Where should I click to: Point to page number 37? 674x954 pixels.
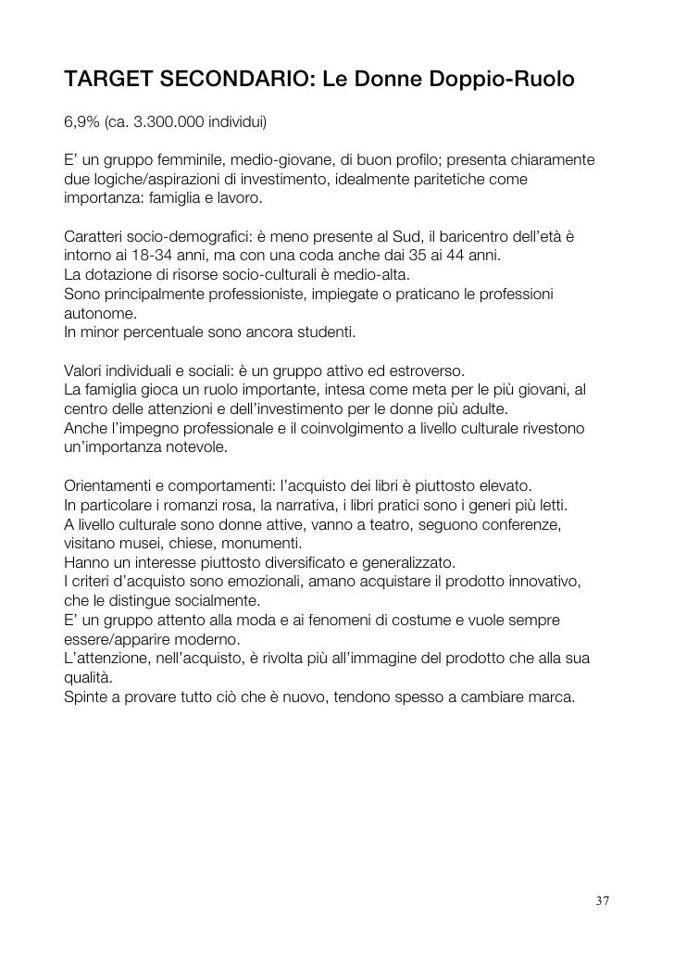[x=603, y=901]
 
